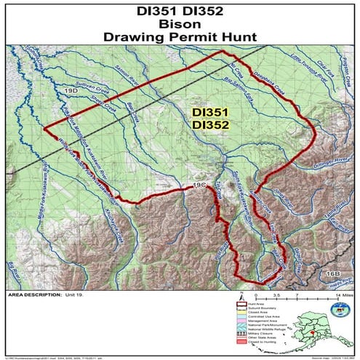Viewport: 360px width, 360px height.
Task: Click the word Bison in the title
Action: point(180,23)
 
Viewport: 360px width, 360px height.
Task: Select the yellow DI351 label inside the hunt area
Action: point(212,113)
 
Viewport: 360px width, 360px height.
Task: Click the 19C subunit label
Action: point(200,187)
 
